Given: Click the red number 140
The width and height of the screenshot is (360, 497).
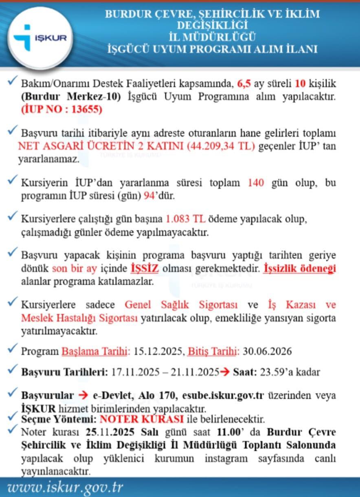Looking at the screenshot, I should tap(255, 183).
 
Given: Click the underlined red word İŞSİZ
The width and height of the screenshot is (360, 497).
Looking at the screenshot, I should tap(144, 269).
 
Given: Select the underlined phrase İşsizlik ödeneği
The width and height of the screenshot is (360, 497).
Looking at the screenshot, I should tap(299, 269).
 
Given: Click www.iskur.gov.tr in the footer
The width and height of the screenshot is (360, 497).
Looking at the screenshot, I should tap(65, 487).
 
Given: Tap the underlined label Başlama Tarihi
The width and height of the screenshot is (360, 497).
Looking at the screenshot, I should tap(95, 352).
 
